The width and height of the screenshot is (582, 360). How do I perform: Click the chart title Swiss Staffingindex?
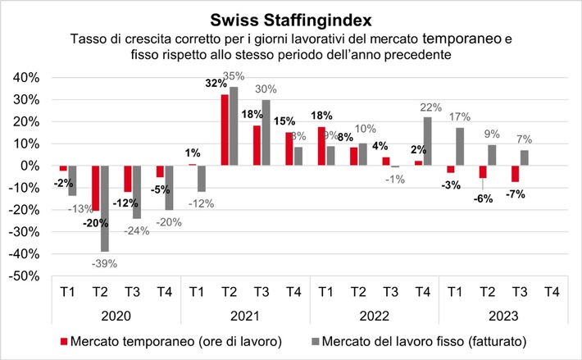pos(290,18)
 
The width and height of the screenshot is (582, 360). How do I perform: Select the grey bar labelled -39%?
pos(105,208)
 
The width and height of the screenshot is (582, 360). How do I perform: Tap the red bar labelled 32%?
pos(225,130)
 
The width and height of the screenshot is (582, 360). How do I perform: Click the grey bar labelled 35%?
pos(234,126)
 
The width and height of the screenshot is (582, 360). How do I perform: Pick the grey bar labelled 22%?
pos(427,141)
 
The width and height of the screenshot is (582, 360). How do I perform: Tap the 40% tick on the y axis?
pos(23,77)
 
